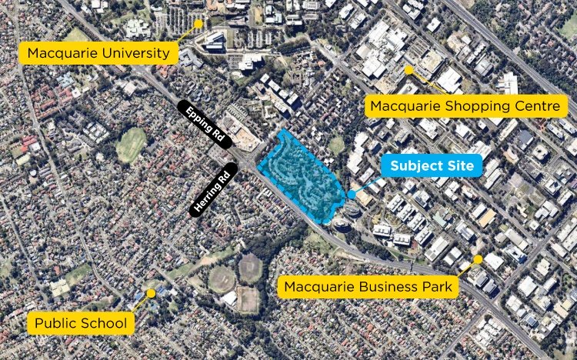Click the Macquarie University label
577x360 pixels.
coord(99,54)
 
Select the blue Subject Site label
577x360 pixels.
coord(425,165)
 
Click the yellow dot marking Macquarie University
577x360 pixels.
coord(198,24)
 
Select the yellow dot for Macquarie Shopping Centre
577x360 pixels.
coord(409,70)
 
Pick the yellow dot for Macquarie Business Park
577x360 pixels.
coord(478,259)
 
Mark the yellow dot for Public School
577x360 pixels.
coord(151,293)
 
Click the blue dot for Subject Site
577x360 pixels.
coord(352,194)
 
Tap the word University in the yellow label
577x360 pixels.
coord(137,54)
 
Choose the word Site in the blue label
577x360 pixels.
coord(459,165)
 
